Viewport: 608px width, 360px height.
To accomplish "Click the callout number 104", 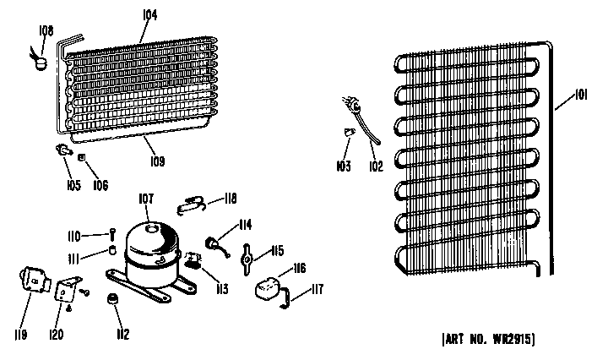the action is [149, 14].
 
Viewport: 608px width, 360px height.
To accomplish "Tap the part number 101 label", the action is [580, 95].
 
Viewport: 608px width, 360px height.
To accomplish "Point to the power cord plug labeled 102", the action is [360, 119].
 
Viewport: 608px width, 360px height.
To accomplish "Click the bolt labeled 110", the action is [112, 235].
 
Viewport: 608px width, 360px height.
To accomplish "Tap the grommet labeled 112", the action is [112, 299].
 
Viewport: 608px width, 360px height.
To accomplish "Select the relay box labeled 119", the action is [34, 280].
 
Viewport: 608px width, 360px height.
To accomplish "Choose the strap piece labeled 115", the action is [247, 259].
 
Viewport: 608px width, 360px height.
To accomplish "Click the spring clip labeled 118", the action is [190, 205].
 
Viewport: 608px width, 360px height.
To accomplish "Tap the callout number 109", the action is [157, 161].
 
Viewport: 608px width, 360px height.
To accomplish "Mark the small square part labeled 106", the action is [81, 157].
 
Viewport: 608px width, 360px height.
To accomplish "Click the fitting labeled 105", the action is [64, 150].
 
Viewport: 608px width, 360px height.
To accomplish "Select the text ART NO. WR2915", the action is [488, 339].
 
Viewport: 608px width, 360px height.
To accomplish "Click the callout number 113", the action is [222, 289].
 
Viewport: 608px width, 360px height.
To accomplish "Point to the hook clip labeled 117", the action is [285, 298].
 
